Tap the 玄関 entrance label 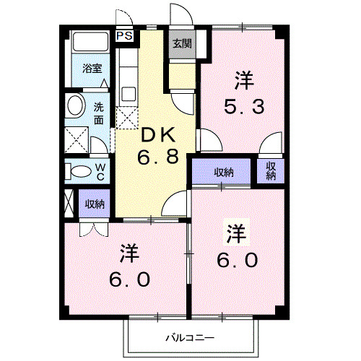179,43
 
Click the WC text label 101,171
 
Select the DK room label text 158,135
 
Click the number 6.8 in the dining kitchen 158,157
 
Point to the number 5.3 243,106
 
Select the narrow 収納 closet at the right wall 271,171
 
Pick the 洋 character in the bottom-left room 129,253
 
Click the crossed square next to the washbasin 75,138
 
